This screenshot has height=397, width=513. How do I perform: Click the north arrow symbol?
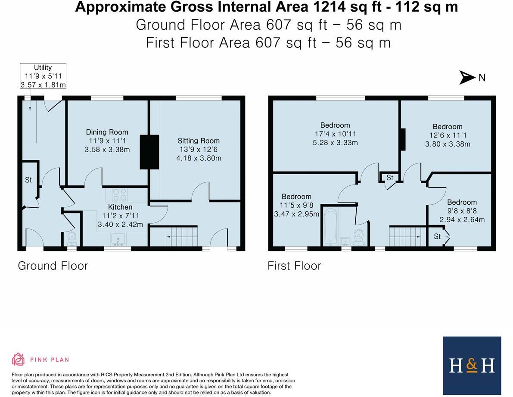467,78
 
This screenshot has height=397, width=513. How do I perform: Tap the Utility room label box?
43,76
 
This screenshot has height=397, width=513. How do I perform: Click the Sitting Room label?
199,149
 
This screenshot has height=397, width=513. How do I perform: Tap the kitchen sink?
117,238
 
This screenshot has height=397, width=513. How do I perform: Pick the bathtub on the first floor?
330,227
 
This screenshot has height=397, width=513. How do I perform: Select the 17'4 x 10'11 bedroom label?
335,134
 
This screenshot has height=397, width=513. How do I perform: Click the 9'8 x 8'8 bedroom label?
462,211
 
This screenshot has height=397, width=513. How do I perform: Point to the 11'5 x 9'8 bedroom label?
297,205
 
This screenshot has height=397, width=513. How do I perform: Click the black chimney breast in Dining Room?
149,152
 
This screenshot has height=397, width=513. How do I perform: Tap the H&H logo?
472,366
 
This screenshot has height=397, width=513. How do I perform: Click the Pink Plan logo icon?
19,359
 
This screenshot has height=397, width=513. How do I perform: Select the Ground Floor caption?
53,266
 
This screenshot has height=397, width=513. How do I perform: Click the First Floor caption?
294,266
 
